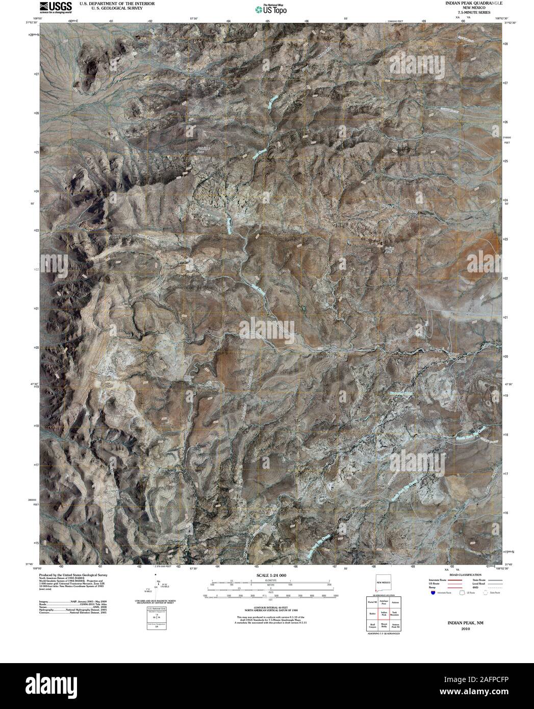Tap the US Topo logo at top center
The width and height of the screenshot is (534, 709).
tap(271, 8)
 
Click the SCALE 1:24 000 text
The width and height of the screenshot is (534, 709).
tap(268, 575)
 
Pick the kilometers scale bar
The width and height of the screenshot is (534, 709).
tap(268, 582)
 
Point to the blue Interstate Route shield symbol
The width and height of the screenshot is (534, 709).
tap(433, 593)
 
